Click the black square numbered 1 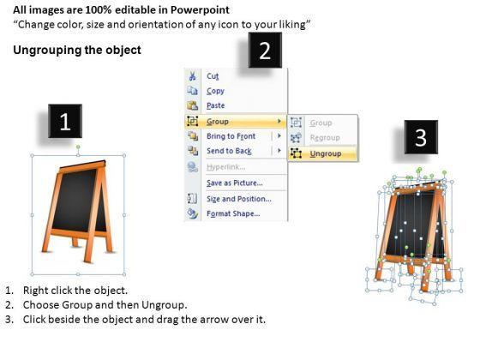coord(65,121)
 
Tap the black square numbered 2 coord(265,50)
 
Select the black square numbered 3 coord(421,137)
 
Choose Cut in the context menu coord(213,76)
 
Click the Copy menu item coord(215,91)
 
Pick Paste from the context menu coord(216,105)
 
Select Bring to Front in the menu coord(231,136)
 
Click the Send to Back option coord(229,151)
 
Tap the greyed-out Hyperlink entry coord(226,167)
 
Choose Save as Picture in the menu coord(235,183)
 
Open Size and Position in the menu coord(239,199)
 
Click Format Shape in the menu coord(233,213)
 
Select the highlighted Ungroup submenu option coord(326,153)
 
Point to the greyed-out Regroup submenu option coord(325,138)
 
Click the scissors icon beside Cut coord(192,75)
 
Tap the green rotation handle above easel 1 coord(78,147)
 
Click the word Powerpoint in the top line coord(200,10)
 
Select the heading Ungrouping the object coord(77,50)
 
